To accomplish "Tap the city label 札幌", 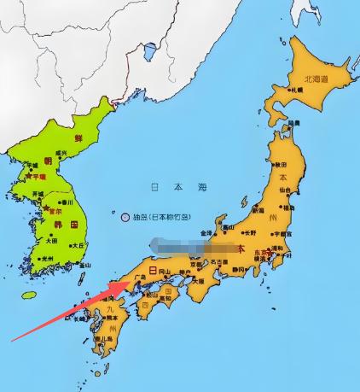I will coord(298,89).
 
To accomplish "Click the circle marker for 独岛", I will coord(125,217).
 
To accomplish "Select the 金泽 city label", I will coord(206,232).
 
